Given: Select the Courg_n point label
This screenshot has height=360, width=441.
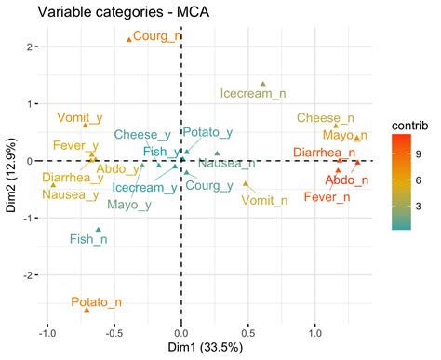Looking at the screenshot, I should point(159,36).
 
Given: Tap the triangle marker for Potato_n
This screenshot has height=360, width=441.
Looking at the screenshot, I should point(87,309).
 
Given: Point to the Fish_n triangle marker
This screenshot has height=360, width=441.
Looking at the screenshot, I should point(99,229).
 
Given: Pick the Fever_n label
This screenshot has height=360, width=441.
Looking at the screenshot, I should point(331,197).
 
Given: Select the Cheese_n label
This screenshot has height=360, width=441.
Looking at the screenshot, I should point(326,118).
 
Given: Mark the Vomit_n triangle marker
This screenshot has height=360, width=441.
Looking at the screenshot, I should point(246,183).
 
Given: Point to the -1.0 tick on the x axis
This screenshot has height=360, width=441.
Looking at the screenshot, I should point(47,330).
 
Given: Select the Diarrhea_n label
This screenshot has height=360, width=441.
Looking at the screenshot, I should point(323,152).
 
